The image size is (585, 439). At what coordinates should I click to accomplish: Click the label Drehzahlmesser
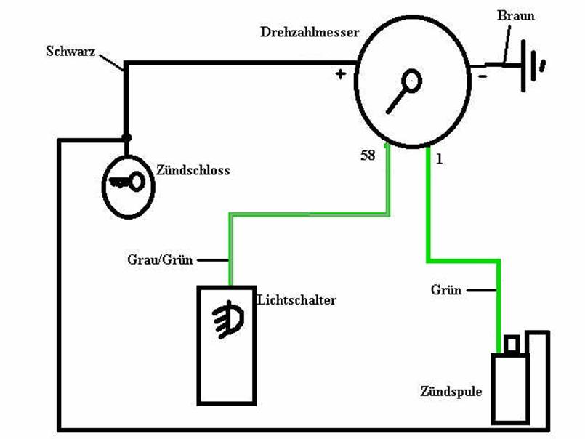(x=310, y=32)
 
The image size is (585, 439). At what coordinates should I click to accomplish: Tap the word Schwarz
(x=70, y=51)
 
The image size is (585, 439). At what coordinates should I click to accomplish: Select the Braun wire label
(x=516, y=15)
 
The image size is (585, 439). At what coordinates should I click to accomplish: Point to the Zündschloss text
(x=193, y=170)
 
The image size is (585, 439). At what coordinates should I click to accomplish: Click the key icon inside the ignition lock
(x=127, y=182)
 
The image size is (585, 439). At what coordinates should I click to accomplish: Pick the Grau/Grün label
(x=160, y=259)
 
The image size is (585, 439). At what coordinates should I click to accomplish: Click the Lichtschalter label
(x=296, y=299)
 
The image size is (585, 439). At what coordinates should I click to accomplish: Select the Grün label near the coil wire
(x=446, y=290)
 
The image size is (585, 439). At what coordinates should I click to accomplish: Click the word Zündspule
(x=451, y=391)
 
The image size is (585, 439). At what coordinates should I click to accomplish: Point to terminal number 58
(x=368, y=156)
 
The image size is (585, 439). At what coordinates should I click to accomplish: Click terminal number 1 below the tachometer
(x=439, y=159)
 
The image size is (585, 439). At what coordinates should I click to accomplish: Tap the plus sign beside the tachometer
(x=340, y=74)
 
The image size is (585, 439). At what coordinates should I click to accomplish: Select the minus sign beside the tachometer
(x=483, y=77)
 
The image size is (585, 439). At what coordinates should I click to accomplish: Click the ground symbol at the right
(x=533, y=65)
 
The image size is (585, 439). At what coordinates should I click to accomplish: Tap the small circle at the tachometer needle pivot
(x=411, y=81)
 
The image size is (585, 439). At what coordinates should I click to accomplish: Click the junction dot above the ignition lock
(x=126, y=138)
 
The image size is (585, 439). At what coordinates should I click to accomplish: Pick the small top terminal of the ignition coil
(x=511, y=345)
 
